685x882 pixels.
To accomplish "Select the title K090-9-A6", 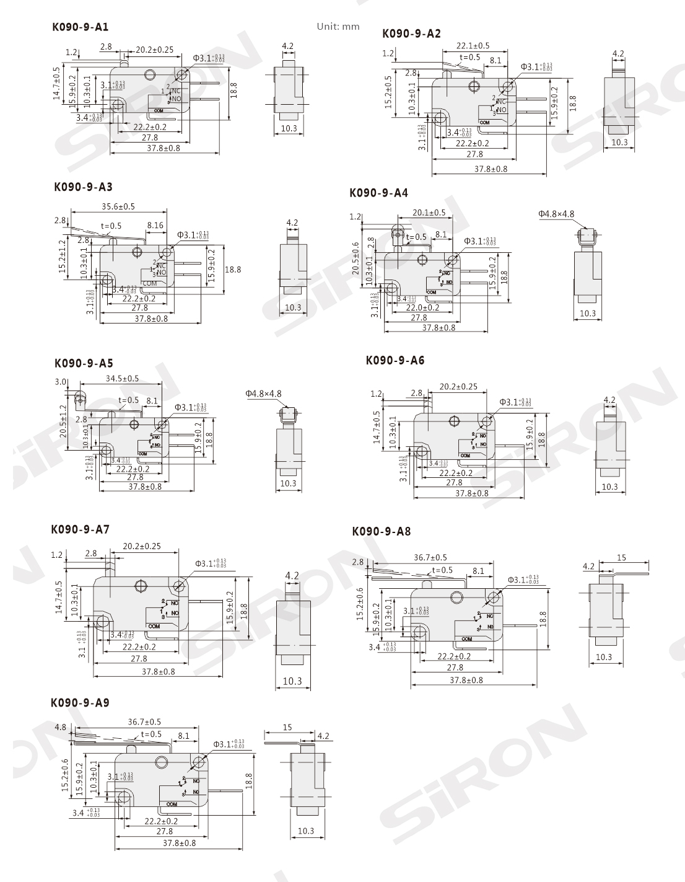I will point(395,360).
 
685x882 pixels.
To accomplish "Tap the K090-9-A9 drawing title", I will point(80,702).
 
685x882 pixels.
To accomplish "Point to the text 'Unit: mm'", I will point(338,27).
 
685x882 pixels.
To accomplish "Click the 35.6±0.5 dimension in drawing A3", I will point(118,206).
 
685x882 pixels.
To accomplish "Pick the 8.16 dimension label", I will point(155,225).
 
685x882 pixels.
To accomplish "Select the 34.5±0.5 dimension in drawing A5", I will point(122,378).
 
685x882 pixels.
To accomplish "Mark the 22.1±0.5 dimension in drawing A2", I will point(473,45).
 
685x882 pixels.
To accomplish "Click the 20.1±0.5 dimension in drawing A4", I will point(429,213).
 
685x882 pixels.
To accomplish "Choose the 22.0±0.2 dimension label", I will point(422,307).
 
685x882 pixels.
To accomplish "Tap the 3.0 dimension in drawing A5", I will point(60,382).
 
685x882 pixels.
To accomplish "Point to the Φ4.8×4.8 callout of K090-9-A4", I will point(556,214).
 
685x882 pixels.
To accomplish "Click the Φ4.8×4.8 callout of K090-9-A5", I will point(263,393).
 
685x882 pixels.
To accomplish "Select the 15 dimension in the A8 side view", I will point(621,557).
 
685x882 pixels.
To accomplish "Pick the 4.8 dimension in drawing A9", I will point(60,726).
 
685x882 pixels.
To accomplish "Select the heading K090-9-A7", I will point(80,529).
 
